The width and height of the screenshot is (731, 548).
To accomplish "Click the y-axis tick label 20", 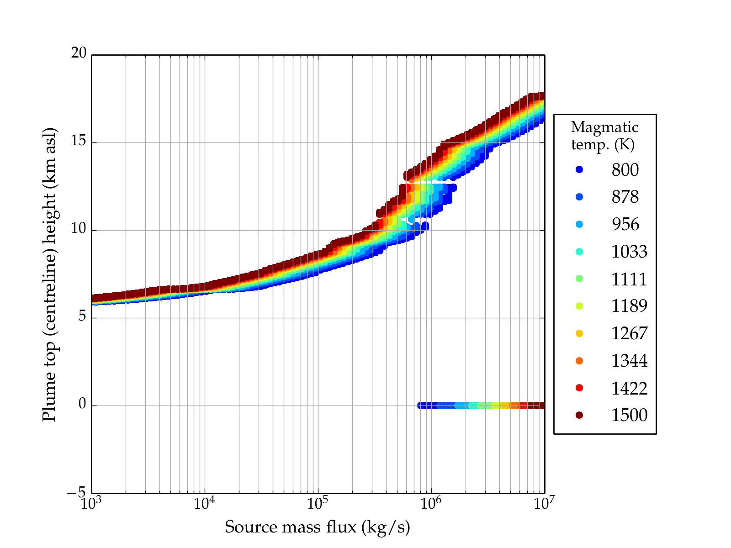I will (79, 53).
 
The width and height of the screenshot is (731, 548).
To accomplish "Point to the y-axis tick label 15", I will (79, 141).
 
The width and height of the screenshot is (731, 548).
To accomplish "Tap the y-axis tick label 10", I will (79, 229).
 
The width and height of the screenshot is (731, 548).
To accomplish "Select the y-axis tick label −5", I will (76, 493).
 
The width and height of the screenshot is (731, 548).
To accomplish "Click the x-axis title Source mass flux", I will (318, 527).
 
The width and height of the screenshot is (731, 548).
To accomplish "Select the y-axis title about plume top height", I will (49, 274).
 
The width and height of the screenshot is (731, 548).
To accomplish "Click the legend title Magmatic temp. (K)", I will (604, 135).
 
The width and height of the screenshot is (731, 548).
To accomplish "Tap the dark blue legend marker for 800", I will (579, 169).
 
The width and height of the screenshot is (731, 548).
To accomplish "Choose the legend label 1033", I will (629, 252).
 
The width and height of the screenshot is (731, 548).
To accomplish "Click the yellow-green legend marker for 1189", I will (579, 306).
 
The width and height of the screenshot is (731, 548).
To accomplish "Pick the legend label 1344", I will (629, 361).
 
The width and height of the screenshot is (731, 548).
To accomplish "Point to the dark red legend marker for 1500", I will (579, 415).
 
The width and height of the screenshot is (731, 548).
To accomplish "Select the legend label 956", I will (625, 224).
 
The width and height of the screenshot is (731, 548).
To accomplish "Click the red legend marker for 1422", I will (579, 388).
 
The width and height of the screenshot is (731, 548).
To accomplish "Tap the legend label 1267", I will (629, 333).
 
